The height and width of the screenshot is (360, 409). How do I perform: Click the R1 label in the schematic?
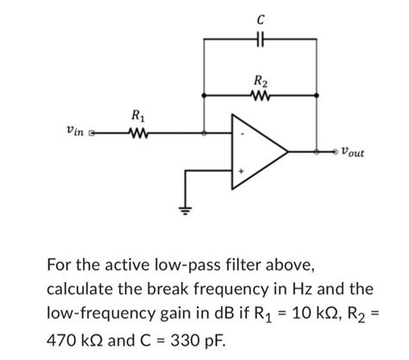[x=136, y=116]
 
